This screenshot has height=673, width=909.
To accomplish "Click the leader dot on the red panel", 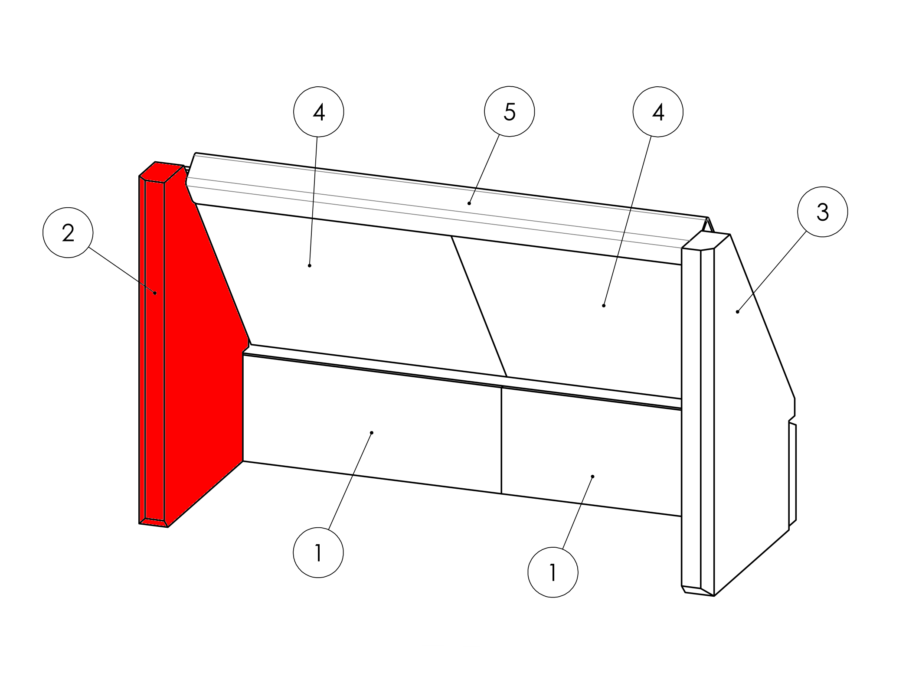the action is click(x=155, y=293).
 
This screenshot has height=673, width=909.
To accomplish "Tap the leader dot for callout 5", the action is click(x=469, y=203).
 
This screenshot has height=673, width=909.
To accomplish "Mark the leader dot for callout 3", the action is click(x=738, y=312).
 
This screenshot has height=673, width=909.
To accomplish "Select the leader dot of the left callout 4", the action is click(x=309, y=265).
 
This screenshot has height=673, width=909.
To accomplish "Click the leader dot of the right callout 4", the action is click(x=604, y=306).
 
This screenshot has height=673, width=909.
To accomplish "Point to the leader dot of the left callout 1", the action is click(x=372, y=433).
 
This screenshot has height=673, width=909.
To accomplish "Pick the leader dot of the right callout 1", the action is click(x=593, y=477).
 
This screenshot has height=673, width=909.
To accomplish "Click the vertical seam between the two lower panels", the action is click(x=501, y=440).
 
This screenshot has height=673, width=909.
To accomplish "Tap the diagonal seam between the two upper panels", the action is click(x=479, y=306).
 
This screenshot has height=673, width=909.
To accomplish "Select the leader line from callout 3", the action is click(x=772, y=271).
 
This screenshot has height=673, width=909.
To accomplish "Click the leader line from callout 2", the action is click(x=122, y=270).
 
